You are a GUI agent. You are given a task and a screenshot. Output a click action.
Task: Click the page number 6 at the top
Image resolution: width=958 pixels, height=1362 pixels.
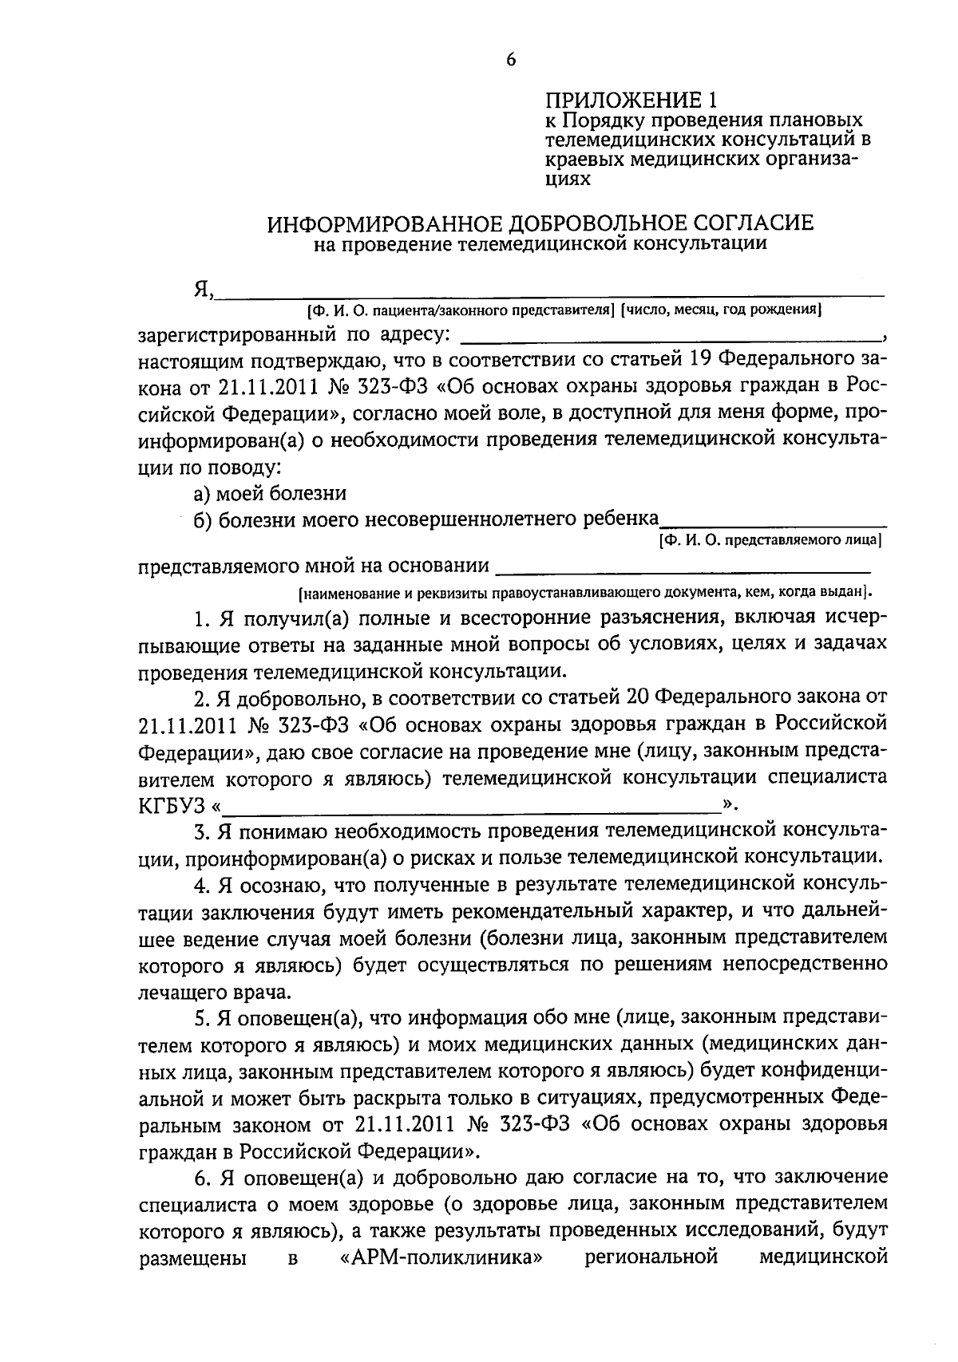(x=511, y=60)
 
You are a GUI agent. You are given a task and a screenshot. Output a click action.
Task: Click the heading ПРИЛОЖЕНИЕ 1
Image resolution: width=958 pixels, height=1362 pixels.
(x=631, y=101)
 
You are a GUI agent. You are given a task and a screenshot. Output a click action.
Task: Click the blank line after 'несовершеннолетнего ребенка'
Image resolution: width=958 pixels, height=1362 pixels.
(x=773, y=523)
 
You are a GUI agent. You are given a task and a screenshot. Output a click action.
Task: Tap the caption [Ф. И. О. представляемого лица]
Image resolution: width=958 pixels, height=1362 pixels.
(x=770, y=540)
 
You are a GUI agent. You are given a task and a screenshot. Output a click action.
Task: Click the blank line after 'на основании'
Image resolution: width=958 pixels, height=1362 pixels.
(x=683, y=569)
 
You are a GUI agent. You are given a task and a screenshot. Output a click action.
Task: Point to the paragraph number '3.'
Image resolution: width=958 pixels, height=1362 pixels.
(x=202, y=831)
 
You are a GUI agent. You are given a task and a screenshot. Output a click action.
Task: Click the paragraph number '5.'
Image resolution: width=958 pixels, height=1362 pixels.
(x=202, y=1018)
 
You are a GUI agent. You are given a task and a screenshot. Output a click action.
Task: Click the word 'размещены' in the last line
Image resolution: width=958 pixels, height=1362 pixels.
(x=191, y=1258)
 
